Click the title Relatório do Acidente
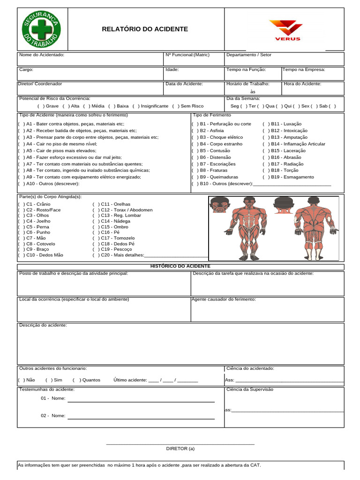pos(145,29)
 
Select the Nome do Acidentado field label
pos(42,55)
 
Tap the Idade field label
pos(172,69)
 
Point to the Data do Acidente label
pos(184,84)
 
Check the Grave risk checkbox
pos(40,106)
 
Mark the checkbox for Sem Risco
pos(175,106)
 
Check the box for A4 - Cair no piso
pos(21,144)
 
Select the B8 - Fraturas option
pos(195,171)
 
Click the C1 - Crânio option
pos(21,204)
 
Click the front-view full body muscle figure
pos(248,228)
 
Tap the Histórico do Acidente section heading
pos(180,266)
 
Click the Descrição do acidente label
pos(43,325)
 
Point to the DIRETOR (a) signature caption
pos(180,449)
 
